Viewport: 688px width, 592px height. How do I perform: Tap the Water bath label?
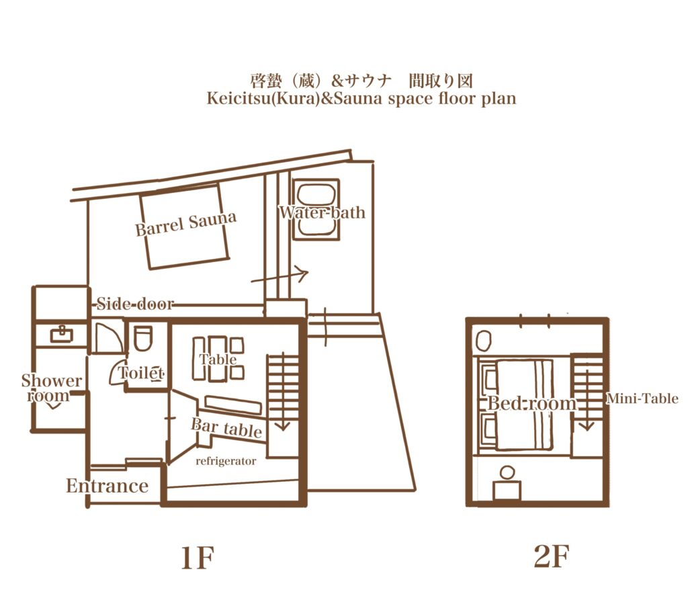[322, 213]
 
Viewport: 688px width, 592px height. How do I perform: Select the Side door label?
[135, 304]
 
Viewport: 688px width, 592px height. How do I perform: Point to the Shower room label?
[52, 388]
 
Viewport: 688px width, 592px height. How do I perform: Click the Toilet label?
[142, 372]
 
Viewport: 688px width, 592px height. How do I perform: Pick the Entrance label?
[107, 486]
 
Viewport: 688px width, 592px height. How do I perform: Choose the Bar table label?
[226, 428]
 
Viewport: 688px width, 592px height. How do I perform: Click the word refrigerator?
[226, 462]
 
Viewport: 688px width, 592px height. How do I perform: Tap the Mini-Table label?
[642, 399]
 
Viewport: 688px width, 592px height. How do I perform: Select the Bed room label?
[531, 404]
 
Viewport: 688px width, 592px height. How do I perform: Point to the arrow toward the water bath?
[280, 276]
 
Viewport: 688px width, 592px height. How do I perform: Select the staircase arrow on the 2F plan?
[587, 396]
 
